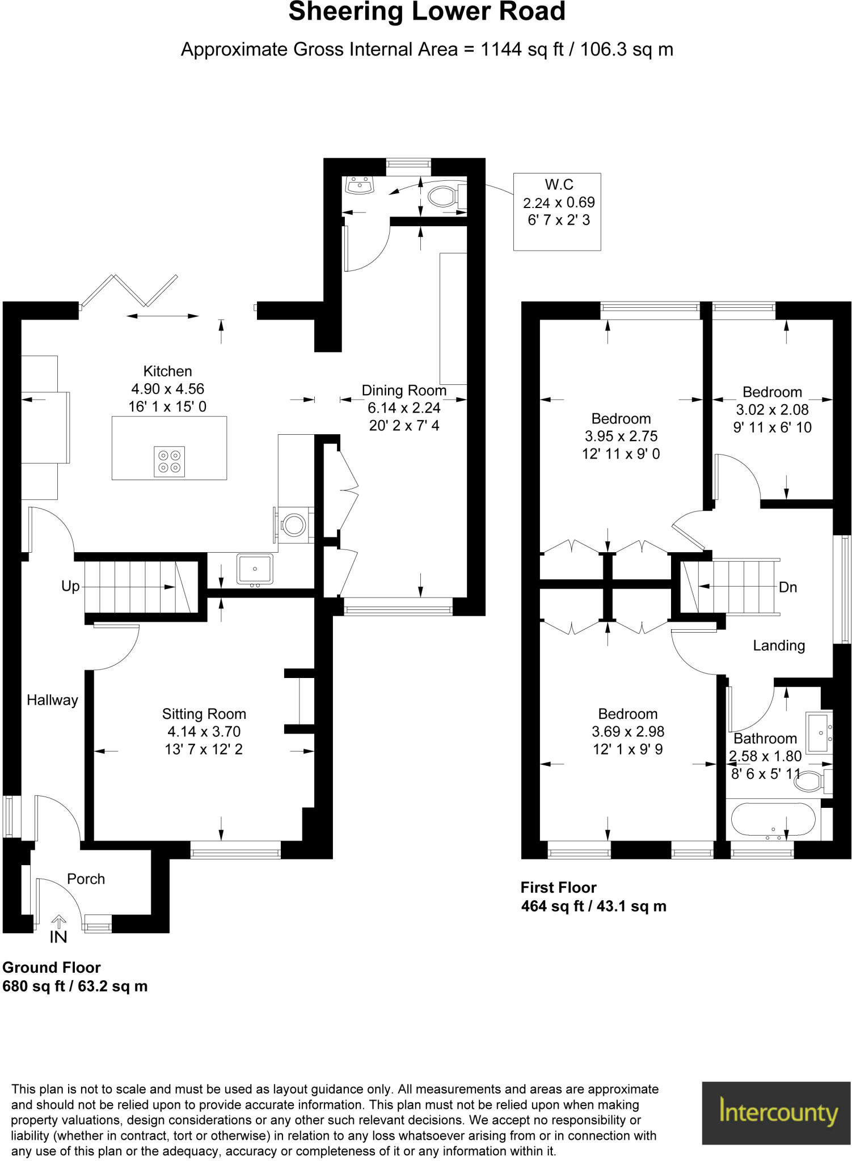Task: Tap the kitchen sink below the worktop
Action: tap(255, 569)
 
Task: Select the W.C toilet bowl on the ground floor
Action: tap(443, 197)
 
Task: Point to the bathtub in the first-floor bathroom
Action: tap(773, 820)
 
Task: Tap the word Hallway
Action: tap(52, 700)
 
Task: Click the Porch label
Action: tap(86, 879)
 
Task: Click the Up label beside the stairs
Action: tap(70, 586)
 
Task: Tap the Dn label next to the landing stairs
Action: tap(788, 587)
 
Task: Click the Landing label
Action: tap(779, 645)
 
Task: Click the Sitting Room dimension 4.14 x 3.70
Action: tap(204, 731)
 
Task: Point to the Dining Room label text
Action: tap(404, 390)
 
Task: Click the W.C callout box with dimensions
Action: tap(557, 211)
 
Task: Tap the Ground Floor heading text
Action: tap(52, 967)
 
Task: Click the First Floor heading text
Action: tap(559, 887)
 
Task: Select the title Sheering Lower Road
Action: tap(427, 12)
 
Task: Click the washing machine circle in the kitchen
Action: tap(294, 524)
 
